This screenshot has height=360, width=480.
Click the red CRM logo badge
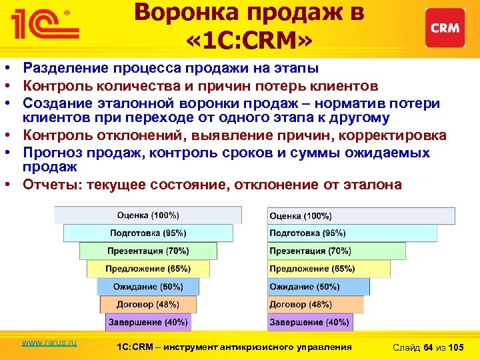(445, 28)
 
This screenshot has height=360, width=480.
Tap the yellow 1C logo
(42, 25)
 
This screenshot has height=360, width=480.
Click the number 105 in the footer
(457, 347)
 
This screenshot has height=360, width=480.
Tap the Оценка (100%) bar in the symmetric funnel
(148, 215)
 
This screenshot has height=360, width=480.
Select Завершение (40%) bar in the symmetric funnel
(148, 322)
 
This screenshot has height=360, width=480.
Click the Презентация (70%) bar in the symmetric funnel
(148, 251)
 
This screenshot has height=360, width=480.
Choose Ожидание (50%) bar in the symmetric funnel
(148, 287)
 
